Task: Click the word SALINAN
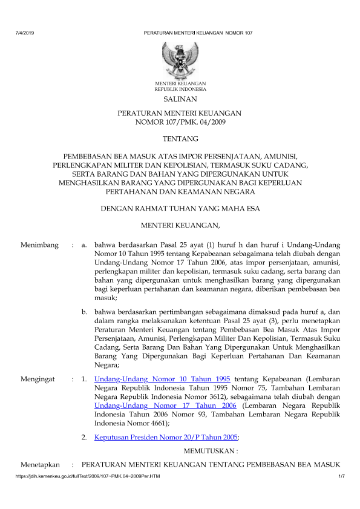coord(180,99)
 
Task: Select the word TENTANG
coord(180,139)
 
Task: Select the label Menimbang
coord(39,245)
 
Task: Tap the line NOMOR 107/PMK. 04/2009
coord(180,123)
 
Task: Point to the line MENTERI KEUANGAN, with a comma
coord(180,226)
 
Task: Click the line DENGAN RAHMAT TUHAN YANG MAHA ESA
coord(180,209)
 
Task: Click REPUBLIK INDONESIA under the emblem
coord(180,88)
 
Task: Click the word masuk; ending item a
coord(106,298)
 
